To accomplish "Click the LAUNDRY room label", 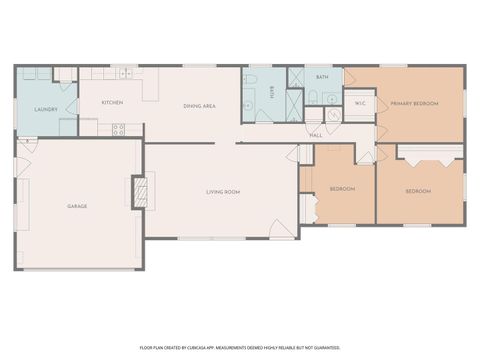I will point(45,109).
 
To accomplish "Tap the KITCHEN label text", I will point(111,102).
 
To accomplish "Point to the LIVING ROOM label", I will point(223,191).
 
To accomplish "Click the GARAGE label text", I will point(77,206).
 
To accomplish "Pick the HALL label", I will point(315,134).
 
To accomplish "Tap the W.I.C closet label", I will point(360,102).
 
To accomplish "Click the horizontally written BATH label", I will point(322,77).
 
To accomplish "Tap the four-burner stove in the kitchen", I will point(119,128).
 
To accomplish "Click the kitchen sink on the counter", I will point(125,74).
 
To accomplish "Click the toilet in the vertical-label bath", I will point(250,80).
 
